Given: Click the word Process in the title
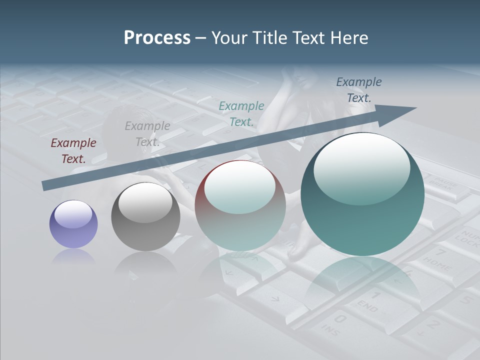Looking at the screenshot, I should point(157,38).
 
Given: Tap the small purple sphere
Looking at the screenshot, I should point(73,224).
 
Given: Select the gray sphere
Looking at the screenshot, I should point(145,217).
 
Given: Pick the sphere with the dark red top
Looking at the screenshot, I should point(240,206).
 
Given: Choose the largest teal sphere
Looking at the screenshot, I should point(362,195).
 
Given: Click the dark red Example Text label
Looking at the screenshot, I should point(73,151).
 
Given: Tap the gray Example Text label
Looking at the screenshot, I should point(147,134).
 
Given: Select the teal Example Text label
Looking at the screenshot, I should point(241,114).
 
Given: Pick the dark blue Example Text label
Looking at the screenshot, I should point(359,90).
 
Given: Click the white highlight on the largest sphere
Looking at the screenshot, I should point(361,167).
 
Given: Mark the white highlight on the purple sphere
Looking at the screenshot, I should point(73,214).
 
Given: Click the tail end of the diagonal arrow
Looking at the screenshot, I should point(46,186).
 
